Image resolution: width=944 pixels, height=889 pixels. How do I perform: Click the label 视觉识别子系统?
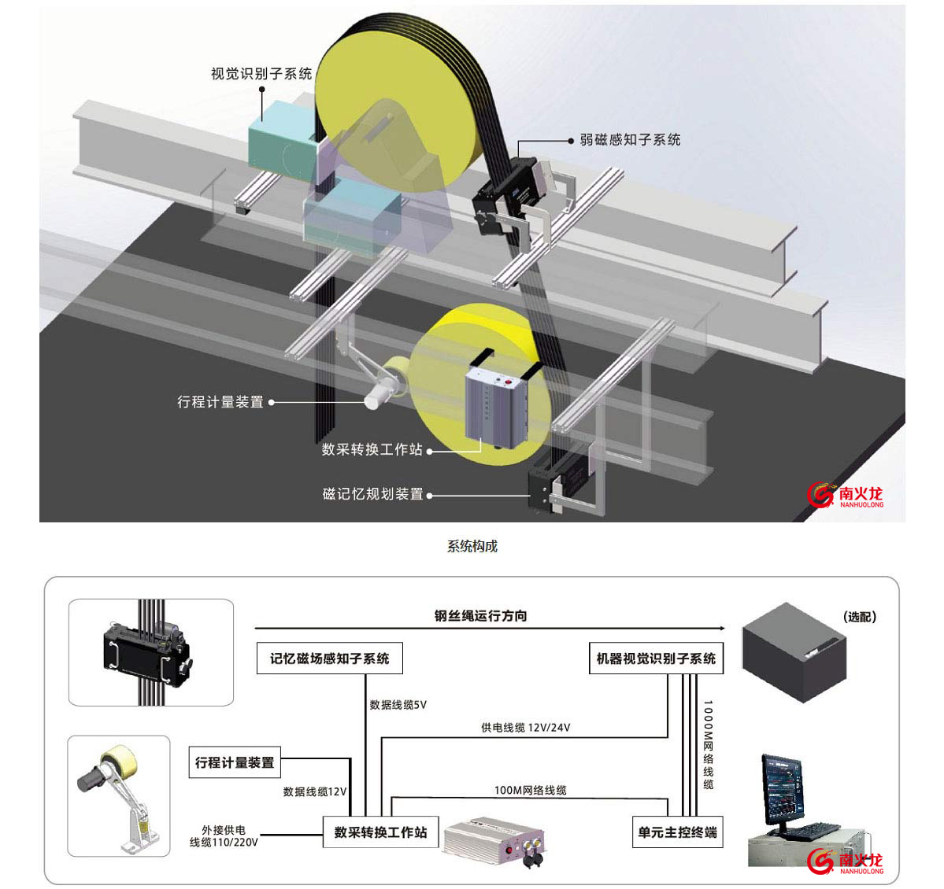[261, 74]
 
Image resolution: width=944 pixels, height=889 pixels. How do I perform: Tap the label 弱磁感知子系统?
[630, 140]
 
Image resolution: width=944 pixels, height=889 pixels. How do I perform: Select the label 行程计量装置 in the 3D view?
[220, 402]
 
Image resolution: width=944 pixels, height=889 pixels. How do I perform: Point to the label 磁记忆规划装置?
[372, 495]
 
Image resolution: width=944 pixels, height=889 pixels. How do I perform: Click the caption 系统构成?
[472, 546]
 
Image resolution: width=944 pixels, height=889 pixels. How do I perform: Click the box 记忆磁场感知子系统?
[330, 658]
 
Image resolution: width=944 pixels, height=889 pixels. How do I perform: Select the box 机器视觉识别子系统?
[656, 658]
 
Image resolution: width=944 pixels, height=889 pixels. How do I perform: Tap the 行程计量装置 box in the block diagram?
[235, 762]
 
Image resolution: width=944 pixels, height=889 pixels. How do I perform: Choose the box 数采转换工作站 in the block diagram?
[380, 832]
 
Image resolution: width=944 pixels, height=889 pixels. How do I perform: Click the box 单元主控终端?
[677, 832]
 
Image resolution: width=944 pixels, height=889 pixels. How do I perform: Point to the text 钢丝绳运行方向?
[480, 616]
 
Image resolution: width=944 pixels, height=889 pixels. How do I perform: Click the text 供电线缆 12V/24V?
[525, 728]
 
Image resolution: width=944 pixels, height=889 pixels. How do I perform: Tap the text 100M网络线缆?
[530, 790]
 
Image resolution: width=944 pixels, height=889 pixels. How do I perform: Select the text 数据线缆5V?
[398, 705]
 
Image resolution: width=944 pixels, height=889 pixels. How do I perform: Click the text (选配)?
[859, 617]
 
